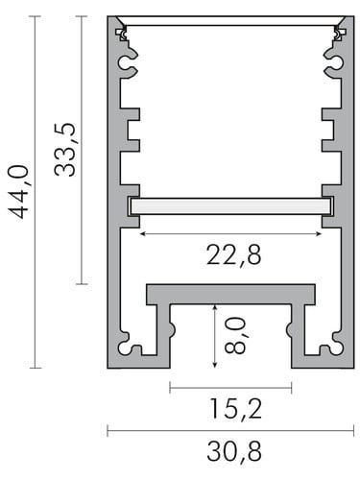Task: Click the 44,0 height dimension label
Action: click(x=19, y=191)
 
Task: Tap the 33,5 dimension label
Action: click(x=65, y=149)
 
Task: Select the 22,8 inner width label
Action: click(x=233, y=254)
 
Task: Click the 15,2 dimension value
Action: click(x=231, y=409)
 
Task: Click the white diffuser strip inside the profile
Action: click(x=230, y=205)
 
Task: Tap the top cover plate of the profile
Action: click(x=230, y=21)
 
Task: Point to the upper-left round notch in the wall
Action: click(x=124, y=64)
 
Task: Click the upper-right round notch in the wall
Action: click(x=335, y=64)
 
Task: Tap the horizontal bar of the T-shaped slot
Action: click(x=230, y=294)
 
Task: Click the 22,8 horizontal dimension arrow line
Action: click(x=230, y=232)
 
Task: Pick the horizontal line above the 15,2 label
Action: click(x=230, y=387)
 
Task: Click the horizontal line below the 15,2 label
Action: click(x=229, y=429)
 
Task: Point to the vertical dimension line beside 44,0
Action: click(x=36, y=192)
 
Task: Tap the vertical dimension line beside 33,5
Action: click(x=83, y=149)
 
